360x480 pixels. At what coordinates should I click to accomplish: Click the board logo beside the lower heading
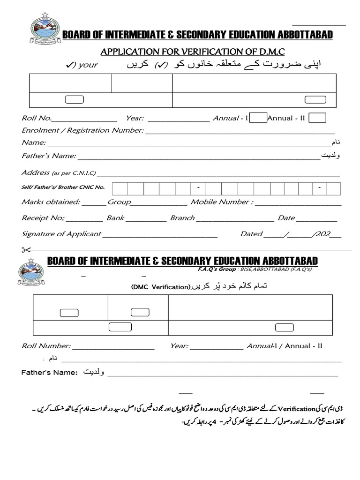(x=31, y=272)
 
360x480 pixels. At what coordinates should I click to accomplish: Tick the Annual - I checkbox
(x=258, y=118)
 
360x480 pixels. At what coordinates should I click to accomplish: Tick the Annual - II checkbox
(x=317, y=118)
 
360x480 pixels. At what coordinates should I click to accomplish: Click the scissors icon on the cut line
(x=26, y=249)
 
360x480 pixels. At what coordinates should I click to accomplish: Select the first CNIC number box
(x=120, y=188)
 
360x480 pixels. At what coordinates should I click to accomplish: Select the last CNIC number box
(x=333, y=188)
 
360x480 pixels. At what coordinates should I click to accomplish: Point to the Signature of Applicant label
(x=61, y=233)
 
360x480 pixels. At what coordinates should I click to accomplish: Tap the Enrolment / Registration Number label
(x=82, y=130)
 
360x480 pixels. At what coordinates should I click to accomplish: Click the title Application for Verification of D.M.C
(x=193, y=51)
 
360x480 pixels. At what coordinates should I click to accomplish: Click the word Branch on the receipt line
(x=182, y=218)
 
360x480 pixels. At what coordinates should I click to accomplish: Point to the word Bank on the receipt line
(x=115, y=218)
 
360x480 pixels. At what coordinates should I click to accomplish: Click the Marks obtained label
(x=51, y=202)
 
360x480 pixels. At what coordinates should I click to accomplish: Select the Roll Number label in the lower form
(x=46, y=346)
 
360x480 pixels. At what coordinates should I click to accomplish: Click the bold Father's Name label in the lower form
(x=49, y=372)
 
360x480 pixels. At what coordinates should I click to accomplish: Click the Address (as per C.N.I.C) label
(x=59, y=172)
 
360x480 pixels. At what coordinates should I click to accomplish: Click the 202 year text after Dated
(x=323, y=233)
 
